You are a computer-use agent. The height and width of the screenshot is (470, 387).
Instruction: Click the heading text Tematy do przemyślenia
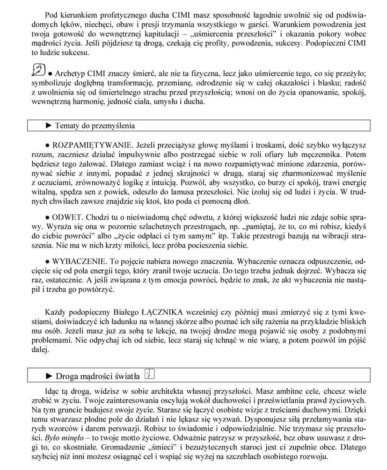pyautogui.click(x=95, y=125)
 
